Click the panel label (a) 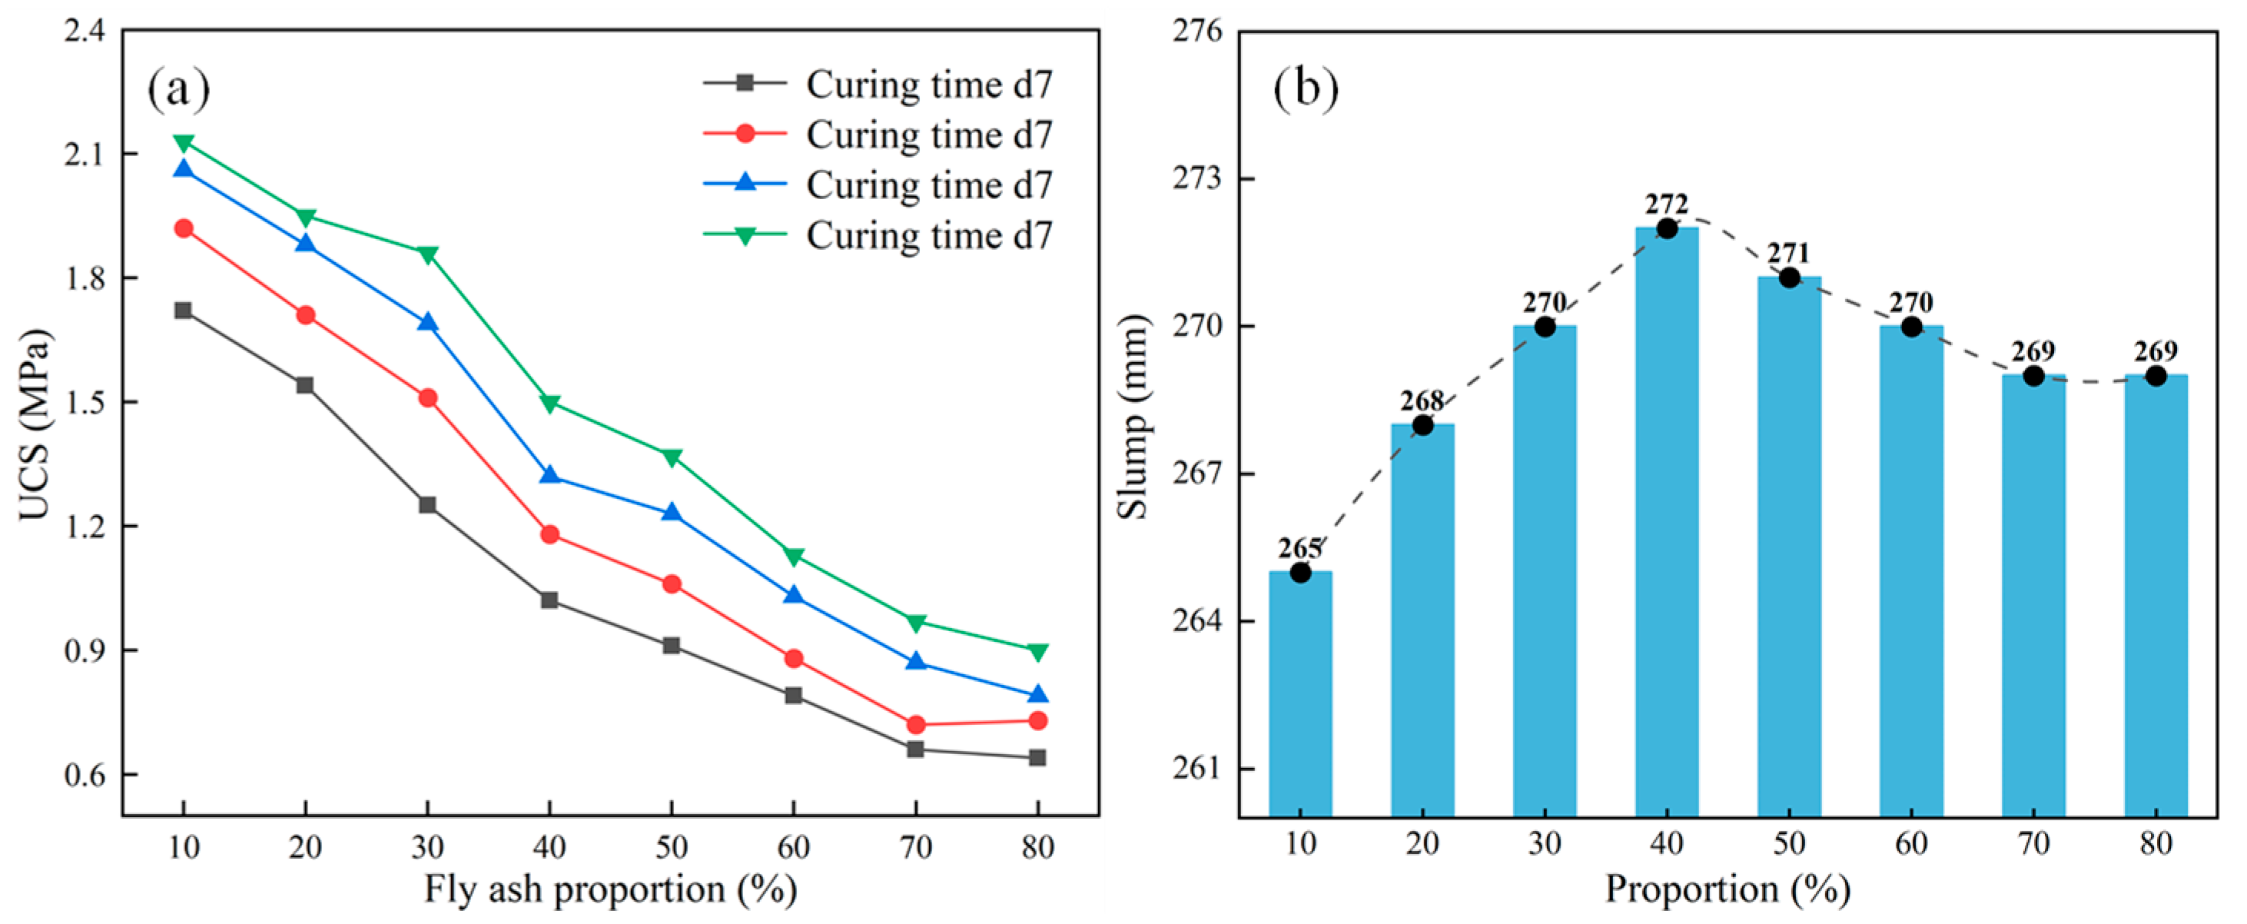pyautogui.click(x=179, y=89)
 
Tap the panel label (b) pyautogui.click(x=1306, y=89)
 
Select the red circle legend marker pyautogui.click(x=745, y=134)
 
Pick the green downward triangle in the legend pyautogui.click(x=745, y=235)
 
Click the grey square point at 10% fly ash pyautogui.click(x=183, y=311)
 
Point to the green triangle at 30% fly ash pyautogui.click(x=427, y=254)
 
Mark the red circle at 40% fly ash pyautogui.click(x=549, y=535)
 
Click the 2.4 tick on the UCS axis pyautogui.click(x=84, y=32)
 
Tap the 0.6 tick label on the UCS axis pyautogui.click(x=84, y=775)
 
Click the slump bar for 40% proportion pyautogui.click(x=1667, y=523)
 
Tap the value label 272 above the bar pyautogui.click(x=1667, y=204)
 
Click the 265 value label pyautogui.click(x=1300, y=548)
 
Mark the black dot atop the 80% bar pyautogui.click(x=2156, y=376)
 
